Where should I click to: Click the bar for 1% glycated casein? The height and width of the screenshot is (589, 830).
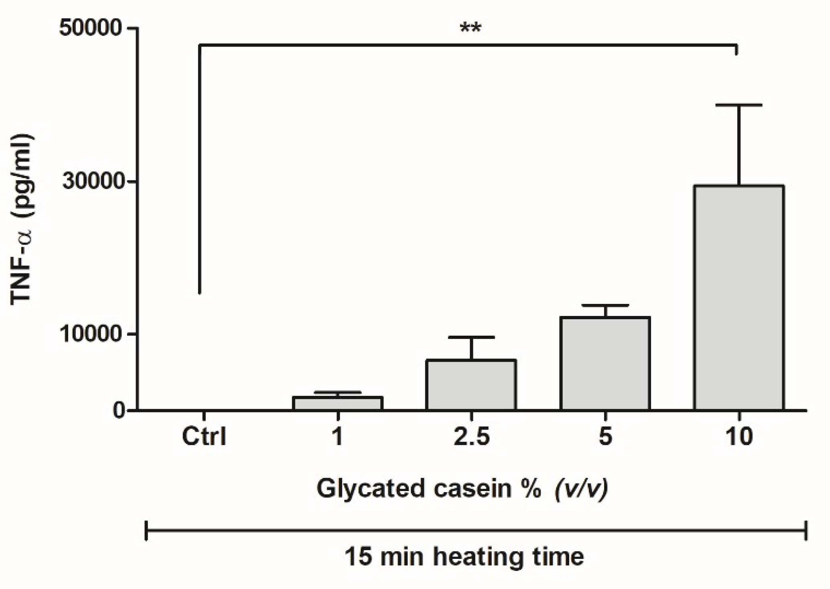(x=338, y=403)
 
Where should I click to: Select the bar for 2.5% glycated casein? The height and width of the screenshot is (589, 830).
(x=471, y=385)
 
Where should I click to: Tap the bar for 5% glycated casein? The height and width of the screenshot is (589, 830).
(x=605, y=363)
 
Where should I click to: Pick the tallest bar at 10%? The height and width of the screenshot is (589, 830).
(x=739, y=297)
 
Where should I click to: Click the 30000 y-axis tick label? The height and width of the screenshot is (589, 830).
(x=92, y=181)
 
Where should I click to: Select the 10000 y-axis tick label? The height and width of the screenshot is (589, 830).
(x=92, y=334)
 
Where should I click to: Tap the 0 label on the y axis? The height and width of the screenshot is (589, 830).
(x=119, y=410)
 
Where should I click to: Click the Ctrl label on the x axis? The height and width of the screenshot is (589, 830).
(x=204, y=436)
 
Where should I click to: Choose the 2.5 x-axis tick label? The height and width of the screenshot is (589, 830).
(x=471, y=436)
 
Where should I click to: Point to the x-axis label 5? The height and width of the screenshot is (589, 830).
(x=605, y=436)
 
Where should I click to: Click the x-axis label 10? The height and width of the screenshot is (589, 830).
(x=739, y=436)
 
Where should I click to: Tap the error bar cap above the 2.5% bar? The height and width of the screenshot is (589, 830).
(x=471, y=337)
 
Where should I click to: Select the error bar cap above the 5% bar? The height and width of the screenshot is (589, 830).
(x=605, y=306)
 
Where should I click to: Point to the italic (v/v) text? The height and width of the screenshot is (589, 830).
(x=581, y=489)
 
